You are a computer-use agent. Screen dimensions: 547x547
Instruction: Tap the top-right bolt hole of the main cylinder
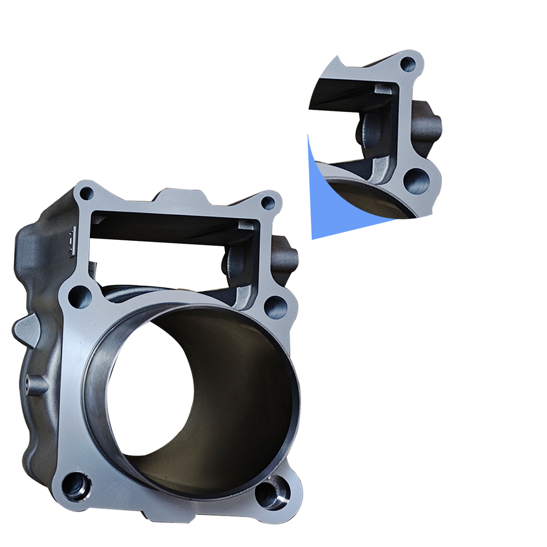268,203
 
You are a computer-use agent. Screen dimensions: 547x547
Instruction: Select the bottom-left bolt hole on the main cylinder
75,485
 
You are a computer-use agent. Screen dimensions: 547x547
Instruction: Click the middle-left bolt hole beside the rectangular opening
79,296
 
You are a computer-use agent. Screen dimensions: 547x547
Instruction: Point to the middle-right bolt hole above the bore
275,307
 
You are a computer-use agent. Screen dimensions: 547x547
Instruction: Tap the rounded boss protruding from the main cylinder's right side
287,256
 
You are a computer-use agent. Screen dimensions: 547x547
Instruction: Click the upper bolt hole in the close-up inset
408,64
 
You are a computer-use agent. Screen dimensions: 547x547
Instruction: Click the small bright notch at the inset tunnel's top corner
383,88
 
